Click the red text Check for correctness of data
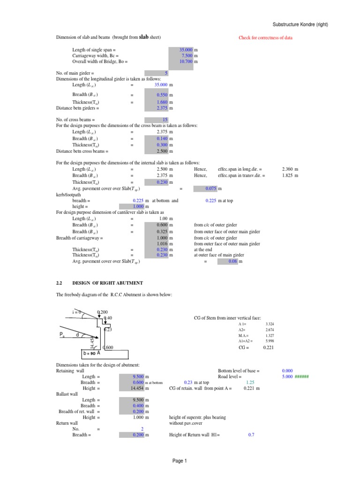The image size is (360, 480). tap(265, 37)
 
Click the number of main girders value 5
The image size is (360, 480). tap(166, 74)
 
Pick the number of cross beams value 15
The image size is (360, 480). tap(165, 120)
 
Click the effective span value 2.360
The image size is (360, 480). tap(287, 169)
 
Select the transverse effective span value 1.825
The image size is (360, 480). tap(287, 175)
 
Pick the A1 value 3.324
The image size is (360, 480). tap(269, 324)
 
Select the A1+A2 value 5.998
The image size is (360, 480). tap(269, 342)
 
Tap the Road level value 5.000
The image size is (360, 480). tap(287, 376)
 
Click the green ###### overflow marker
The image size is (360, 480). tap(302, 376)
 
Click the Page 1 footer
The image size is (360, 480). tap(180, 461)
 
